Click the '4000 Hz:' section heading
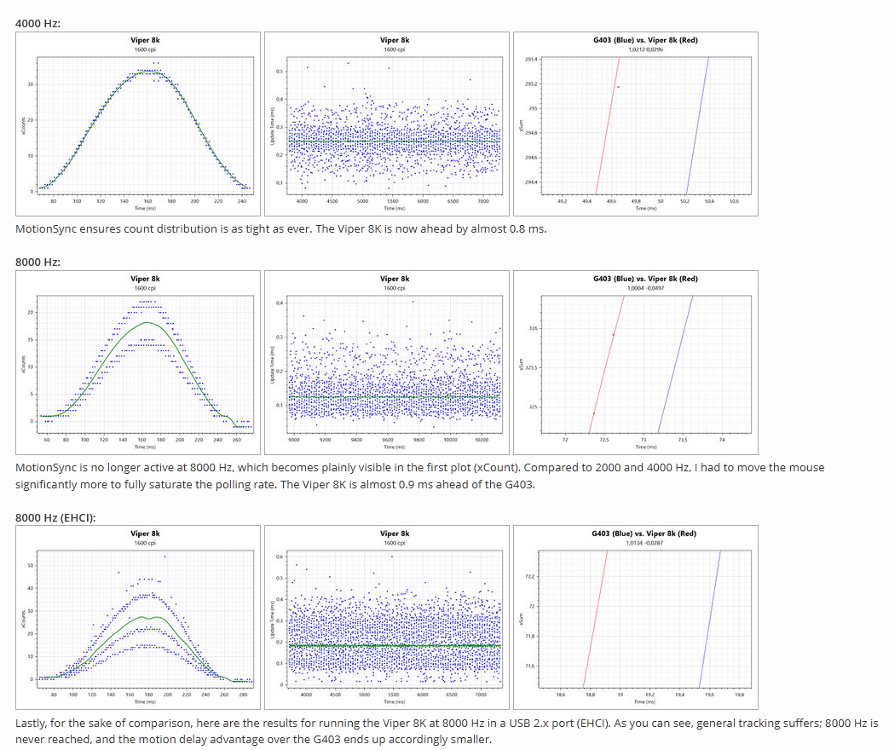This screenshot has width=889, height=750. coord(38,21)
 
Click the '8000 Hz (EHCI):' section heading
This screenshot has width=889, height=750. coord(55,517)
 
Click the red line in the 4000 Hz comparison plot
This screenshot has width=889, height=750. coord(608,128)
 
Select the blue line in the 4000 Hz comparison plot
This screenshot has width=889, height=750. coord(698,128)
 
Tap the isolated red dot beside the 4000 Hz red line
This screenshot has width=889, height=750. coord(618,87)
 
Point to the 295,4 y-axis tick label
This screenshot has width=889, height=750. coord(531,60)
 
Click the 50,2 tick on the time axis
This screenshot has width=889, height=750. coord(684,201)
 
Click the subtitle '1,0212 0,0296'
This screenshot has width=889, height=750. coord(644,49)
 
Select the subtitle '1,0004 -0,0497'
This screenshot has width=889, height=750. coord(644,288)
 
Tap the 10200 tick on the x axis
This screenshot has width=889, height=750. coord(482,440)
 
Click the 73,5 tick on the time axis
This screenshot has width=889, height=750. coord(682,440)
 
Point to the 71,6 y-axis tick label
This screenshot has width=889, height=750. coord(531,666)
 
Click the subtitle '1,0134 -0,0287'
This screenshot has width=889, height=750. coord(644,543)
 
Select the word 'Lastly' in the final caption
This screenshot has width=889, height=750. coord(33,723)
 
